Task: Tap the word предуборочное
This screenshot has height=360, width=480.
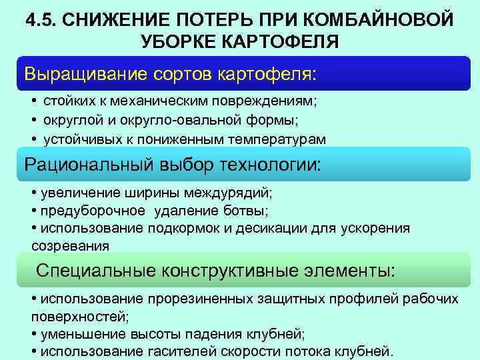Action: [93, 211]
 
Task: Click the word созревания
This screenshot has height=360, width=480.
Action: [70, 245]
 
